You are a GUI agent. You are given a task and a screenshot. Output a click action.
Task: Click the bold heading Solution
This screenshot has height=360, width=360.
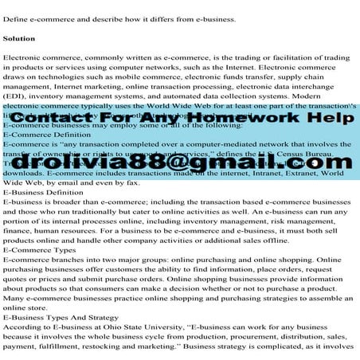click(x=18, y=37)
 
